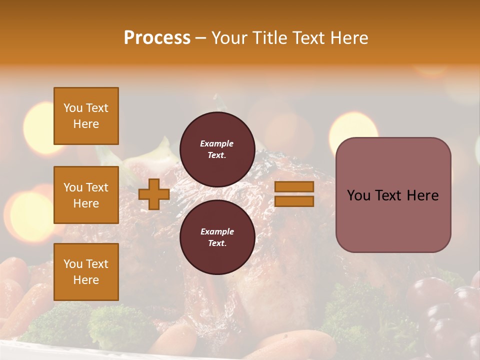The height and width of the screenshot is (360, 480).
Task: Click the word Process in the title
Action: pos(157,38)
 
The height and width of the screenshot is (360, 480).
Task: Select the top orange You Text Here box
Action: pos(86,116)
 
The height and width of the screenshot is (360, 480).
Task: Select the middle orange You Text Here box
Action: pos(86,195)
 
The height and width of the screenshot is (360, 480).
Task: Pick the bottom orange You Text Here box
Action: pos(86,272)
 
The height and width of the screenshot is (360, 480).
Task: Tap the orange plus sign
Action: pos(154,194)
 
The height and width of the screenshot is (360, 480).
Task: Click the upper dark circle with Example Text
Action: pos(217,149)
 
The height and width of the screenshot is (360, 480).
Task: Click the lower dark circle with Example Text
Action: pos(217,237)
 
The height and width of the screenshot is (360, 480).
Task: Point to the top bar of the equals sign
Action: pos(294,187)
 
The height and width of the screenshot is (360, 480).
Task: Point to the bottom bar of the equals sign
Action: pos(294,201)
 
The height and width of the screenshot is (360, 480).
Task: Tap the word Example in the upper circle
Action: pos(217,144)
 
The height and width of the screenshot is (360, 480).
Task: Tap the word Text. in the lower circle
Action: pos(217,243)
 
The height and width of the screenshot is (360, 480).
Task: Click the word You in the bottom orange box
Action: pos(72,264)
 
